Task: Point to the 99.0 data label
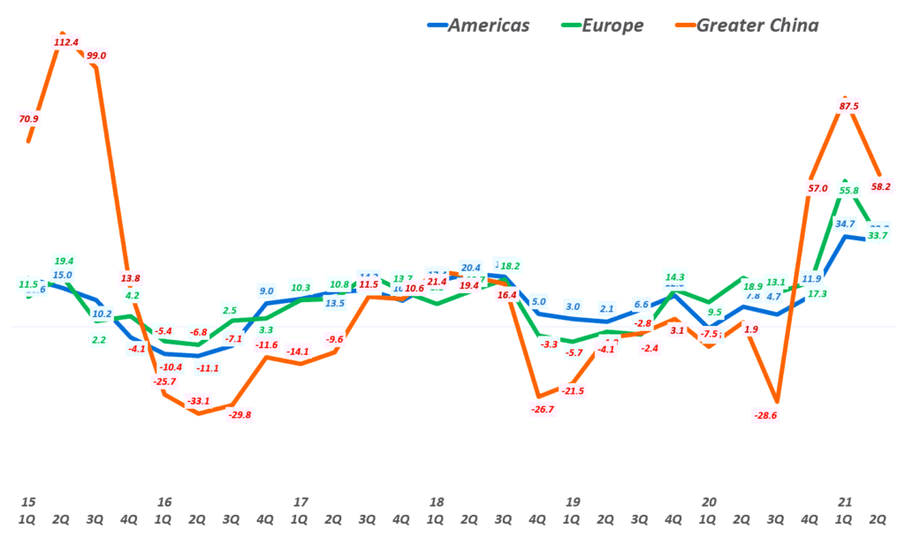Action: click(x=97, y=56)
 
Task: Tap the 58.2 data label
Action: click(x=880, y=187)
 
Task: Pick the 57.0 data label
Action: click(x=818, y=188)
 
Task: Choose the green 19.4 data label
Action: click(x=64, y=261)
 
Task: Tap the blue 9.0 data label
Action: click(x=266, y=291)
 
